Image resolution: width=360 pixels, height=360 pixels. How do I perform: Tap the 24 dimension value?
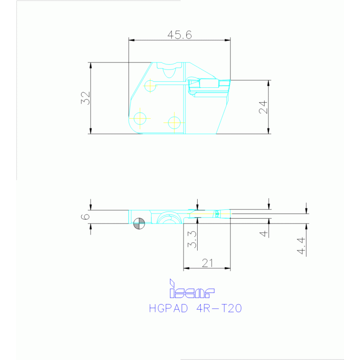click(x=263, y=107)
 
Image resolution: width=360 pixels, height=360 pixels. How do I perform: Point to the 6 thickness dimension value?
click(x=84, y=216)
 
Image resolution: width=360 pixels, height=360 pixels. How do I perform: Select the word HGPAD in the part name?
click(x=169, y=309)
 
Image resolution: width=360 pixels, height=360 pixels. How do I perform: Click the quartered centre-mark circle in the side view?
click(x=139, y=223)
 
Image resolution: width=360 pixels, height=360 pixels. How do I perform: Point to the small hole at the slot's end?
click(x=150, y=86)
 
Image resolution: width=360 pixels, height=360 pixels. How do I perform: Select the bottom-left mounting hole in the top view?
click(x=140, y=117)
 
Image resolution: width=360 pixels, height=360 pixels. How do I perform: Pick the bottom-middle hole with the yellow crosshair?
click(x=174, y=122)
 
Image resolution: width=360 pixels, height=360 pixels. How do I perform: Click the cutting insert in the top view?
click(x=209, y=85)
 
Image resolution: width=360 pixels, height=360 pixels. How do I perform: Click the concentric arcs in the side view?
click(x=168, y=218)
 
